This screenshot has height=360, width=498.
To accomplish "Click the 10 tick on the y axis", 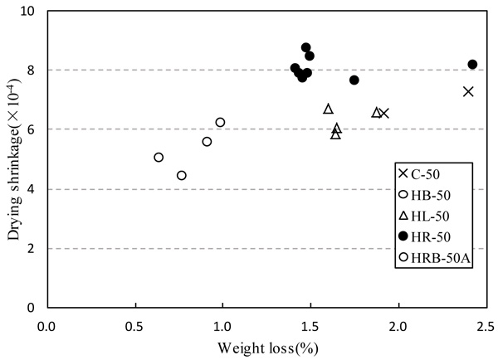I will [29, 12].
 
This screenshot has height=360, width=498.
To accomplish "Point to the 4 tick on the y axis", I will [32, 189].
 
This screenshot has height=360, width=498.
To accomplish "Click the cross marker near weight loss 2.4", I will [468, 91].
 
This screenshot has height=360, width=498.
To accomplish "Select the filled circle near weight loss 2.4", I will [473, 64].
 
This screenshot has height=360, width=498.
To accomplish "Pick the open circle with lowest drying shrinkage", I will [182, 175].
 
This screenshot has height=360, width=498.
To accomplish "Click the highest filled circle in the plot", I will [306, 47].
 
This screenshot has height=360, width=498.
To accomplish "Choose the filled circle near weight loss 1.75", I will [354, 80].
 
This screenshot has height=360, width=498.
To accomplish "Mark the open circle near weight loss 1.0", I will [220, 122].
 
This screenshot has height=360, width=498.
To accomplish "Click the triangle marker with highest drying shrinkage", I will [328, 109].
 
